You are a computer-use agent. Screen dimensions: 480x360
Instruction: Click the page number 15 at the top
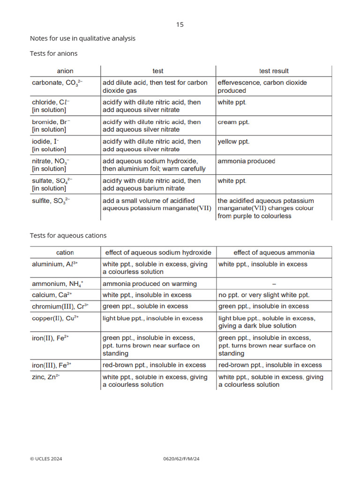[180, 24]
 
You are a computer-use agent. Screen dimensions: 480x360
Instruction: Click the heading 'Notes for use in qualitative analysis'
[82, 38]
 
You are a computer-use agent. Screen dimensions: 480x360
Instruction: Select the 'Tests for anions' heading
[53, 53]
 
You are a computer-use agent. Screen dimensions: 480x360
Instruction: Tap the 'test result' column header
[274, 71]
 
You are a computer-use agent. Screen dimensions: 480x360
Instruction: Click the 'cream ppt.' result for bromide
[233, 122]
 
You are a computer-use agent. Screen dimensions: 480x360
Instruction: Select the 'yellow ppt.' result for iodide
[233, 142]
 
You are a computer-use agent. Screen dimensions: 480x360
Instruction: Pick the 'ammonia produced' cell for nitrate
[246, 161]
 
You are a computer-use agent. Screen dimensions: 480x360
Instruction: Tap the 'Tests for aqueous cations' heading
[68, 235]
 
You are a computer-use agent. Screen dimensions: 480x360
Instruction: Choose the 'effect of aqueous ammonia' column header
[274, 253]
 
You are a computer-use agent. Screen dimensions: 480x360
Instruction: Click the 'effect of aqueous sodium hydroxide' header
[158, 253]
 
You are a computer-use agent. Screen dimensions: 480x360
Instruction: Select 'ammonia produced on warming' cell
[150, 284]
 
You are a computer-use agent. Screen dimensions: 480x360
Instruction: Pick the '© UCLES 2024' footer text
[46, 459]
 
